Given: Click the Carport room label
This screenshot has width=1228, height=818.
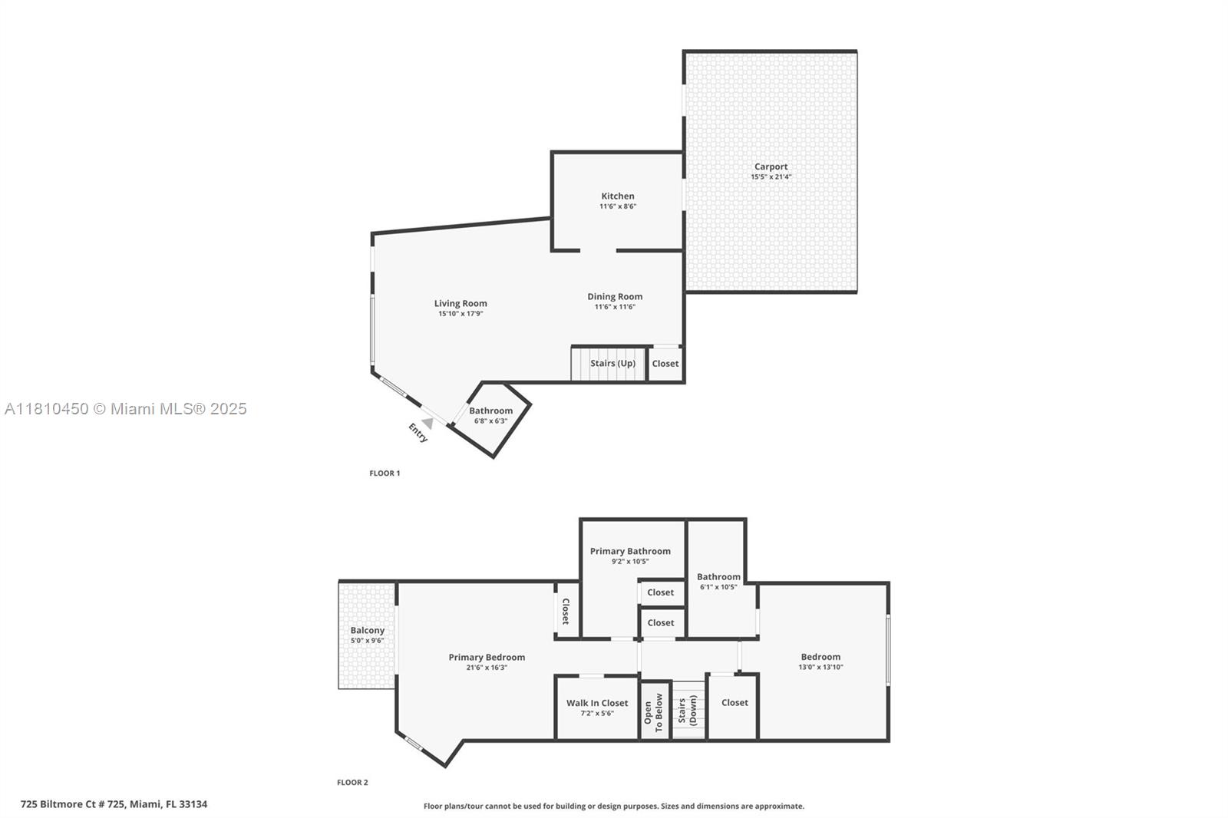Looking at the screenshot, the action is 771,167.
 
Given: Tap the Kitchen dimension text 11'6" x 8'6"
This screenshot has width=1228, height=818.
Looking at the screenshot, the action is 618,206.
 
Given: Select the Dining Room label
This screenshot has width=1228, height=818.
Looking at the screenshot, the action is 615,297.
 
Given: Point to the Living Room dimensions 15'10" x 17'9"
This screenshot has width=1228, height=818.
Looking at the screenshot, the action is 460,314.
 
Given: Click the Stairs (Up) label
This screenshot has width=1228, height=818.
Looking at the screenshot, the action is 613,364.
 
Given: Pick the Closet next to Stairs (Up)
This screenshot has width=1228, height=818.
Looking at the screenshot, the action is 665,364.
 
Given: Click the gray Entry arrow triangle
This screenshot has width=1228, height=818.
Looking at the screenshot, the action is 428,424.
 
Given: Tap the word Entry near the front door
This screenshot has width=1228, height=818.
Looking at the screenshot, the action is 418,433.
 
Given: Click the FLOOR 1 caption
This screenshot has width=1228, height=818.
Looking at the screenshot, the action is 385,473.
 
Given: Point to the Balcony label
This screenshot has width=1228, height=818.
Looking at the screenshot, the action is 368,631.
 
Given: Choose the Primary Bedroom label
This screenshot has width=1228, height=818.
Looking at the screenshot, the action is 487,658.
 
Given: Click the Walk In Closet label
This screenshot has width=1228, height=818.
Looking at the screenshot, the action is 597,703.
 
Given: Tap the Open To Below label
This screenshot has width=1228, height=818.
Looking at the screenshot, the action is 653,712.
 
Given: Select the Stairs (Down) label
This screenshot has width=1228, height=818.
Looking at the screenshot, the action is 688,711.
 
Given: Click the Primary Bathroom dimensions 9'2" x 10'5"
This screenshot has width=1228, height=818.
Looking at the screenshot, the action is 630,562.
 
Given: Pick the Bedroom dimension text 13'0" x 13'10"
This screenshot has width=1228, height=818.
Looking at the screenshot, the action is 820,668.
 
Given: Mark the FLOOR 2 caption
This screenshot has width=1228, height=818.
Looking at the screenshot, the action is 352,783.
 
